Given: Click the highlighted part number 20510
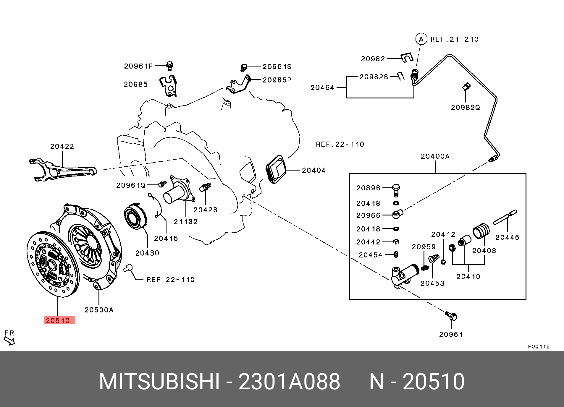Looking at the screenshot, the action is coord(58,320).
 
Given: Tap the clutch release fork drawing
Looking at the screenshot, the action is coord(63,170).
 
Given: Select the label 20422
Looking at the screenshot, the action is coord(62,146).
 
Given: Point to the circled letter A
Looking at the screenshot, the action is coord(421,39).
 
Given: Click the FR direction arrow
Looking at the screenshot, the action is coord(9,341).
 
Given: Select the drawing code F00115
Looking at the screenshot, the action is coord(539,346).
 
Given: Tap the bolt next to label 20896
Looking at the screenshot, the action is coord(396,190).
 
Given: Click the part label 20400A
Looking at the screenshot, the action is coord(435,156).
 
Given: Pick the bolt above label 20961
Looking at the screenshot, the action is coord(451,316).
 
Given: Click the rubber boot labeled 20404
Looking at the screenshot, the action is coord(276,169).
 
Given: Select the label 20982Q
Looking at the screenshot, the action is coord(466,107).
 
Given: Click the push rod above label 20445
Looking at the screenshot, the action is coord(505,217).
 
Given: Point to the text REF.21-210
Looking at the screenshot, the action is coord(455,39).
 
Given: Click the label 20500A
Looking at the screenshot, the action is coord(99,310).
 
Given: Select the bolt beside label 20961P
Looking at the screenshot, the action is coord(170,66).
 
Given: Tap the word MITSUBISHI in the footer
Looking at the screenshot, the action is coord(159,382).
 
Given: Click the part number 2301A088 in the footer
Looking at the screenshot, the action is coord(289,382).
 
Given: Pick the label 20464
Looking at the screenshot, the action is coord(322,87).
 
